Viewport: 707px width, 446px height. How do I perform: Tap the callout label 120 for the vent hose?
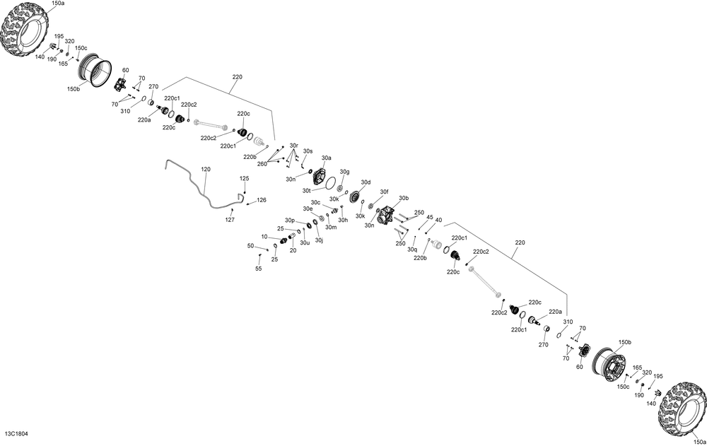point(206,170)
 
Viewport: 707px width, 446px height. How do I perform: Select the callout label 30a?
point(326,158)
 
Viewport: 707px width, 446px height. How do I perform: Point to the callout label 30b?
point(404,198)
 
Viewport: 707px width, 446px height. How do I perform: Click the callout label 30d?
point(366,182)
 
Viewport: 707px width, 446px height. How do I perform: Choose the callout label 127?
point(230,220)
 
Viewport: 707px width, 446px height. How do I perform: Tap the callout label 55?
point(258,269)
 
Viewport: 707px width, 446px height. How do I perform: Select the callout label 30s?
point(308,151)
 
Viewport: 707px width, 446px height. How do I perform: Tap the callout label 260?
point(262,164)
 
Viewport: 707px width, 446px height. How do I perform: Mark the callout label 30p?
point(290,220)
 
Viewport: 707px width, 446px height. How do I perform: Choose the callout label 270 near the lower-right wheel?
point(544,345)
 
